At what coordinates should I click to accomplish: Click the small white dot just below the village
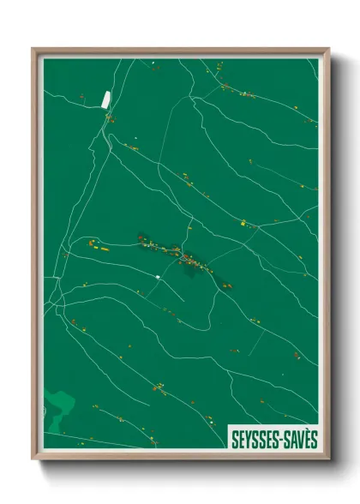coord(159,277)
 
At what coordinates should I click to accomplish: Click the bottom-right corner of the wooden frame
coord(328,459)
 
